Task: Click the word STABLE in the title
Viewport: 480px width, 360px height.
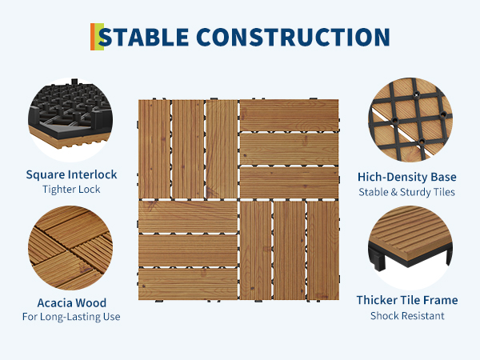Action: coord(143,37)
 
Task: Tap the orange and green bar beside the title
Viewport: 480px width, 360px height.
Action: coord(97,37)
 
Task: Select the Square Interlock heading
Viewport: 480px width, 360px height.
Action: coord(71,174)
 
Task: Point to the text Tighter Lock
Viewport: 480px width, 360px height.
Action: coord(71,189)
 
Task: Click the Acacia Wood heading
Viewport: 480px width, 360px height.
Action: coord(72,302)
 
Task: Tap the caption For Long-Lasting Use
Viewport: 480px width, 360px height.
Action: coord(71,317)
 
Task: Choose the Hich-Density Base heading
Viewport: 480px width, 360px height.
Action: coord(407,177)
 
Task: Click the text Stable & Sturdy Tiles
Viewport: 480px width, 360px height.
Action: coord(407,192)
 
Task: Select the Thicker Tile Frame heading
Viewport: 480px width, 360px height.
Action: coord(407,300)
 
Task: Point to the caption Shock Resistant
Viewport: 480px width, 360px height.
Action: coord(407,316)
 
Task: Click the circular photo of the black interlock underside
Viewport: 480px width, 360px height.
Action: coord(70,120)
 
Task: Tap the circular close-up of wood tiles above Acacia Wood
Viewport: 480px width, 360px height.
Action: coord(70,248)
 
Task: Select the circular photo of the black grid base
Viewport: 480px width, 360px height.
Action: coord(410,120)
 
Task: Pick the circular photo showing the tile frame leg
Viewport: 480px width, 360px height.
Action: coord(410,248)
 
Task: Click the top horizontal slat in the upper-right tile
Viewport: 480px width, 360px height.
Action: coord(289,115)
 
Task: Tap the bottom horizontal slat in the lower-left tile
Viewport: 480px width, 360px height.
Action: coord(188,284)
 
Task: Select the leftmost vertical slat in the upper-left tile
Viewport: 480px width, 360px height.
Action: coord(154,149)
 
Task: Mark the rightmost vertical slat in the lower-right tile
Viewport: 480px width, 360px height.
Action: coord(323,250)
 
